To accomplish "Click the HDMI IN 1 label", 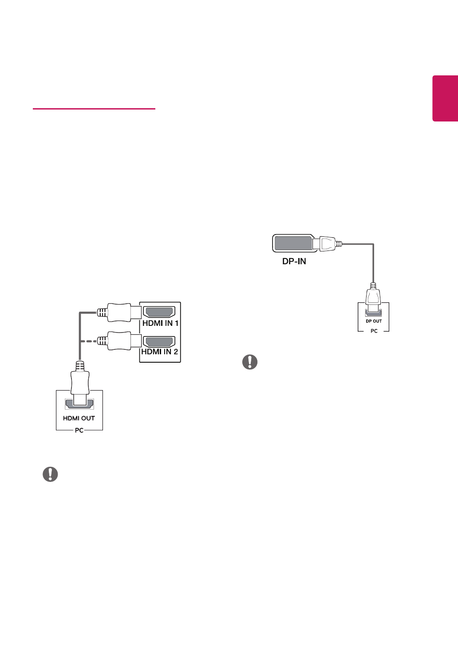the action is pos(160,323).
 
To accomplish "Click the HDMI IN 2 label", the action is pos(160,352).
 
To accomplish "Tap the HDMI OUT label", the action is pos(79,418).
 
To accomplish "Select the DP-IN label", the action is pos(294,261).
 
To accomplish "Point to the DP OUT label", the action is pos(374,321).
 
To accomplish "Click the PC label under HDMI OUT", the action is pos(79,430).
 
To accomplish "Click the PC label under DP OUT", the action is pos(374,331).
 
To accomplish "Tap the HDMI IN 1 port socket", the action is pos(159,312).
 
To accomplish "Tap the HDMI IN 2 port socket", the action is pos(159,342).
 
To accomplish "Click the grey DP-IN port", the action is pos(293,243).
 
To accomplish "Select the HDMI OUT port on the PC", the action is pos(79,404).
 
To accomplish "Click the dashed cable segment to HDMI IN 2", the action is pos(89,341).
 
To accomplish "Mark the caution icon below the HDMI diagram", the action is pos(51,474).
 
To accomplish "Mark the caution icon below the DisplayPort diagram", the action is pos(250,362).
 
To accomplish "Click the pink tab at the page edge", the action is pos(445,98).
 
